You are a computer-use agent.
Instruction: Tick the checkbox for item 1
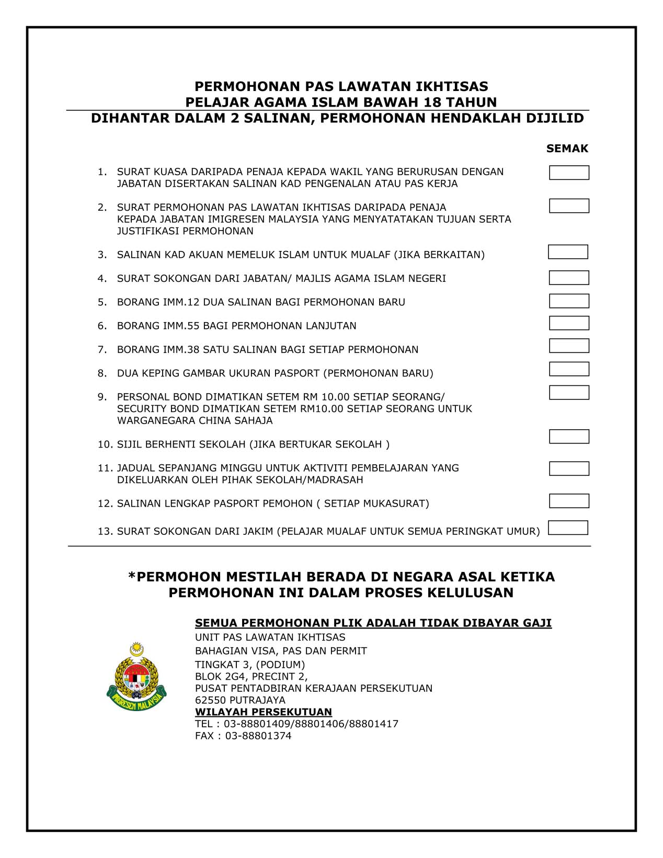pos(569,173)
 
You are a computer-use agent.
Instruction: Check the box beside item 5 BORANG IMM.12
pos(569,301)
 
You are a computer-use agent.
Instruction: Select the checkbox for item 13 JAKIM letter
pos(568,528)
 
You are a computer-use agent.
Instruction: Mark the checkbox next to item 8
pos(569,369)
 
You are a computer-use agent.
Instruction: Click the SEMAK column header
pos(567,148)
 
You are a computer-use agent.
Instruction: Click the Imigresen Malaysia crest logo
pos(136,678)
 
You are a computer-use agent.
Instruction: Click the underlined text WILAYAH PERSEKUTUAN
pos(264,712)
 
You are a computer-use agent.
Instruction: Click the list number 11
pos(105,468)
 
